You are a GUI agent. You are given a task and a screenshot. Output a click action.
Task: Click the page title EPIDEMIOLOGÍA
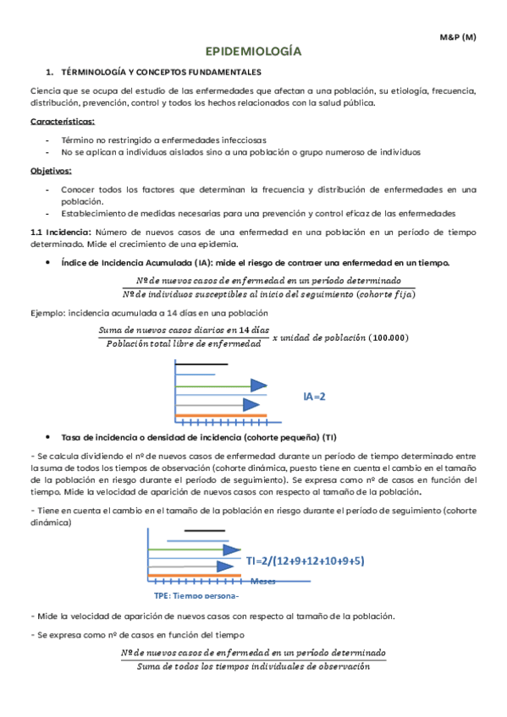click(x=253, y=52)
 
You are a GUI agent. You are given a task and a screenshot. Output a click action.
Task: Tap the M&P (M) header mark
click(x=457, y=37)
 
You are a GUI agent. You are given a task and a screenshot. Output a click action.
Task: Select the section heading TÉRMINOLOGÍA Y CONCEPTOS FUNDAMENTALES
click(x=161, y=73)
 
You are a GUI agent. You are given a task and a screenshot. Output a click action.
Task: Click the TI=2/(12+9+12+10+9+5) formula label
click(x=306, y=560)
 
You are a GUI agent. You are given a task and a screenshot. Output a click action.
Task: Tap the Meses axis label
click(x=263, y=581)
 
